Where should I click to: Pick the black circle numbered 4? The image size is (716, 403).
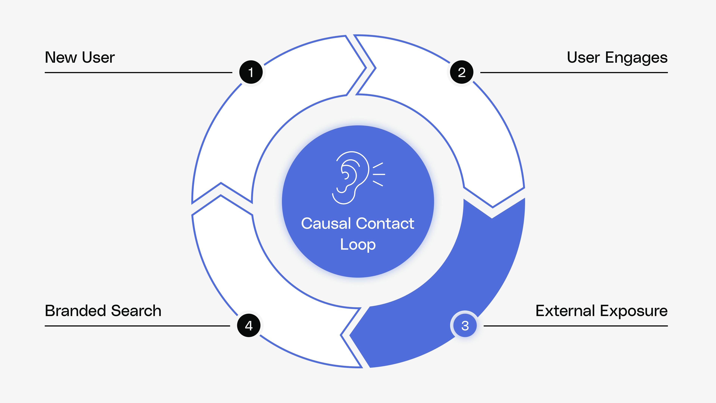[249, 325]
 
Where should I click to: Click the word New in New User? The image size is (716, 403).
[61, 58]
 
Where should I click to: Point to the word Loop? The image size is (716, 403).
[358, 245]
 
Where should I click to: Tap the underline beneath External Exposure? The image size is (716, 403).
[575, 326]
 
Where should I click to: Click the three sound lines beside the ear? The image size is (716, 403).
[379, 174]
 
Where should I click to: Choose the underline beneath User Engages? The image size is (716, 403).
[574, 73]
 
